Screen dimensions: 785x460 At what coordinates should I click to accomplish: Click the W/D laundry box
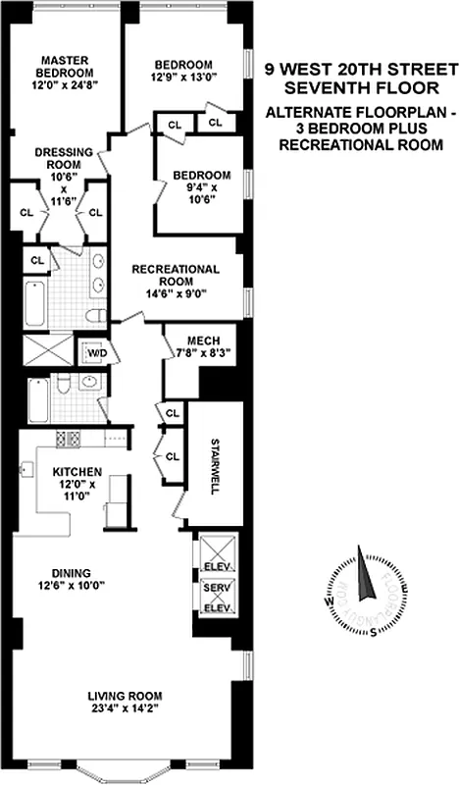coord(98,352)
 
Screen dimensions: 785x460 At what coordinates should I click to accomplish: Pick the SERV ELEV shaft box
coord(214,595)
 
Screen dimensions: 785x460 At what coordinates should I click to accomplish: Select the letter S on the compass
coord(373,631)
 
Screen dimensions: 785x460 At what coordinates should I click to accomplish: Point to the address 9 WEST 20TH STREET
coord(363,70)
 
